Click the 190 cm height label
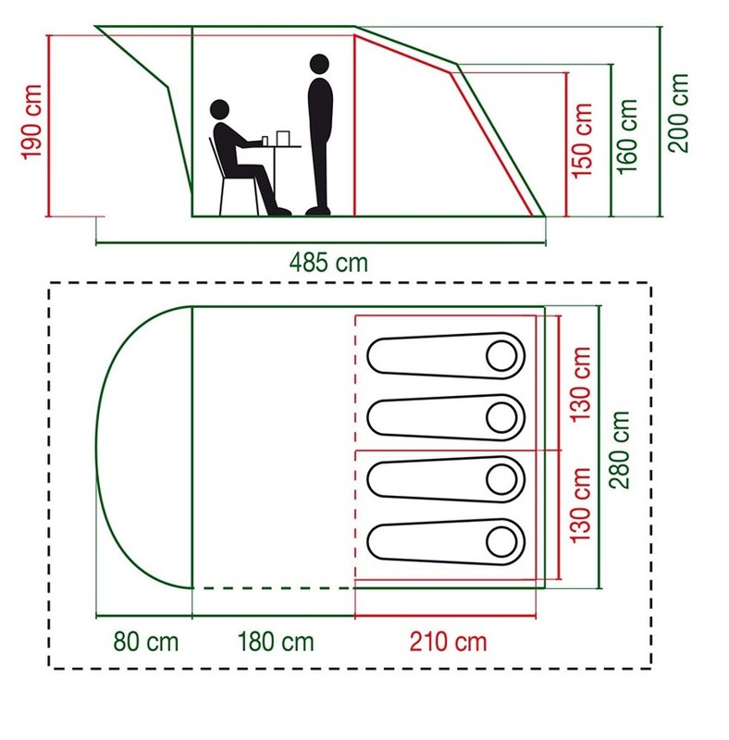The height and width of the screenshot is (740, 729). tap(31, 122)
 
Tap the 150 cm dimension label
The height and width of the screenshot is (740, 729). tap(582, 141)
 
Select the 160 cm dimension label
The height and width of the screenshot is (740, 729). tap(627, 137)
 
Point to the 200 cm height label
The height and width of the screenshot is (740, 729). tap(678, 113)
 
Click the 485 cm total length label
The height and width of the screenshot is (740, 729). tap(328, 263)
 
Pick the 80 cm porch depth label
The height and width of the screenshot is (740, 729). tap(146, 642)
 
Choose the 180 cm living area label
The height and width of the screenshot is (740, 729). tap(276, 642)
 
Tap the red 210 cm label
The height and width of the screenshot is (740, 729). tap(448, 642)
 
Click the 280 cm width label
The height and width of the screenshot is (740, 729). tap(619, 450)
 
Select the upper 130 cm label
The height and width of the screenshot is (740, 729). tap(580, 384)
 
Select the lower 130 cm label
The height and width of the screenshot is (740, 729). tap(580, 505)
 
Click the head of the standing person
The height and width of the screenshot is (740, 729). tap(320, 64)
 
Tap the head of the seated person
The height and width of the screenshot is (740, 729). tap(219, 109)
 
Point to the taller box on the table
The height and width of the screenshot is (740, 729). tap(282, 138)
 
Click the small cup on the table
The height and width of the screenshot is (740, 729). tap(265, 142)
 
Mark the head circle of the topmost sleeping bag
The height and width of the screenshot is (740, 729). tap(501, 356)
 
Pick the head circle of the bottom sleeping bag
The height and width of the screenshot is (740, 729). tap(501, 542)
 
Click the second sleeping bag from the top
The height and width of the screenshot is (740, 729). tap(446, 418)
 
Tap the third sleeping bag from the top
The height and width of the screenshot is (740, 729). tap(446, 479)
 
